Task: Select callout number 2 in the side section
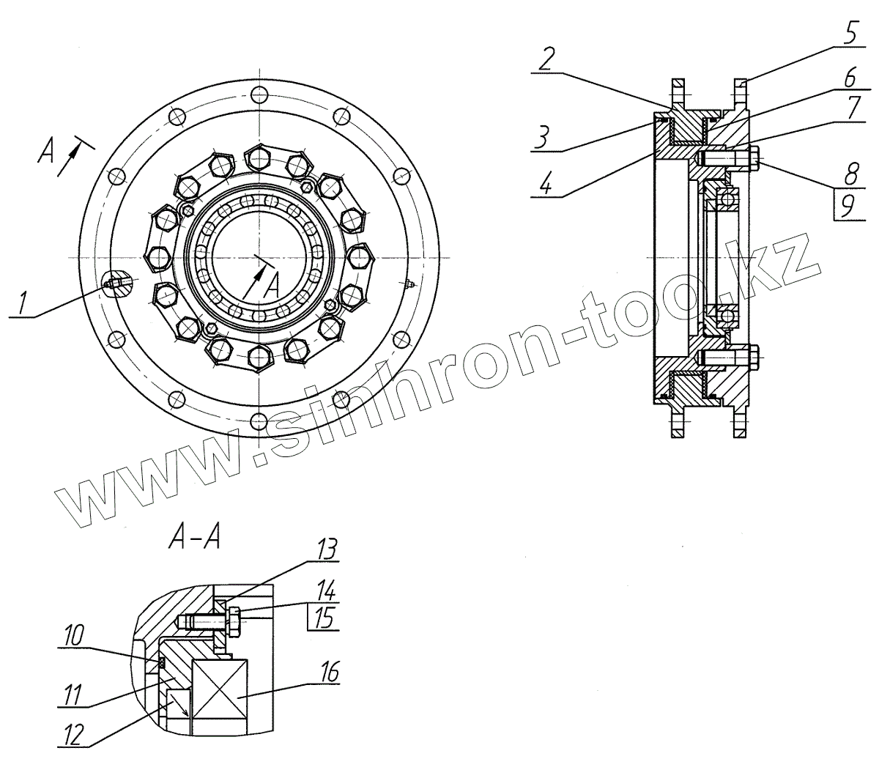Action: click(546, 59)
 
